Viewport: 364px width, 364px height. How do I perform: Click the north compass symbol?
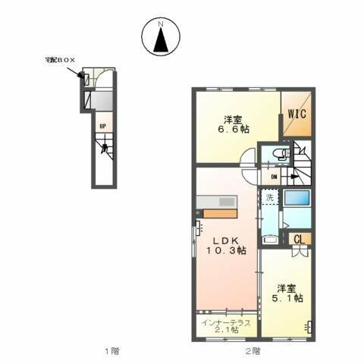(x=160, y=38)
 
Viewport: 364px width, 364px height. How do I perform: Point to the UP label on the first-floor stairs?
(x=101, y=126)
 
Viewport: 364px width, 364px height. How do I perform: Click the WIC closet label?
(x=296, y=115)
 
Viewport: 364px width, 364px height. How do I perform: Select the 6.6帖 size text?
(x=231, y=130)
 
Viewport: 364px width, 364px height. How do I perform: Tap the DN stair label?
(x=274, y=178)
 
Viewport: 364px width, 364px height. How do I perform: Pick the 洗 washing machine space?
(x=269, y=199)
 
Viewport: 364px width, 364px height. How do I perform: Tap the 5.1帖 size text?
(x=289, y=299)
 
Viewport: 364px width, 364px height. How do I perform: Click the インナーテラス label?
(x=226, y=322)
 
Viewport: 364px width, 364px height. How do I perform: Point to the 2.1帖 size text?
(x=226, y=331)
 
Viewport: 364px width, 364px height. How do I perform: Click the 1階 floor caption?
(x=111, y=350)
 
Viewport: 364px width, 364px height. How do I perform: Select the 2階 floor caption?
(x=252, y=350)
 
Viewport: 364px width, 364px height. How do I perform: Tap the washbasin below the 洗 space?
(x=269, y=237)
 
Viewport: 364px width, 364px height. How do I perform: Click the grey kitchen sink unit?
(x=218, y=201)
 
